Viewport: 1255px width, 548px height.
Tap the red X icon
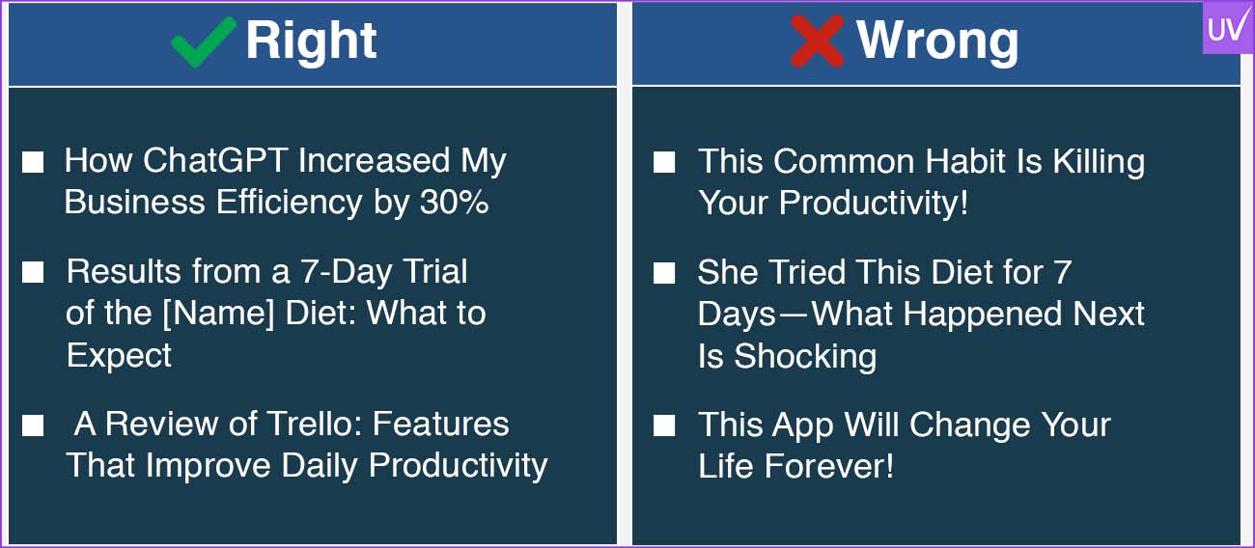[818, 41]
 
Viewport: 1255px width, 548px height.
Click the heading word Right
[312, 41]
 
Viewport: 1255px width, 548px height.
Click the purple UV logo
[1228, 27]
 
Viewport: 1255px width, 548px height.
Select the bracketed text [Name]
[218, 313]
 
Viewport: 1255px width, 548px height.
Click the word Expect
[119, 356]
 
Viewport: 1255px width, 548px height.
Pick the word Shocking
[805, 357]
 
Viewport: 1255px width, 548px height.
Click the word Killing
[1099, 162]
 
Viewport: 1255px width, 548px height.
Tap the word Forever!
[829, 466]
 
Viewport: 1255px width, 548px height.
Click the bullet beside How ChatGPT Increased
[33, 162]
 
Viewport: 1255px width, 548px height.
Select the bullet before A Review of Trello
[33, 425]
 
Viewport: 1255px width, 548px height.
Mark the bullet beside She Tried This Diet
[664, 273]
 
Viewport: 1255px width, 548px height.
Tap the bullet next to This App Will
[664, 425]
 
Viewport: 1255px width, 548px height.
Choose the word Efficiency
[289, 203]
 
